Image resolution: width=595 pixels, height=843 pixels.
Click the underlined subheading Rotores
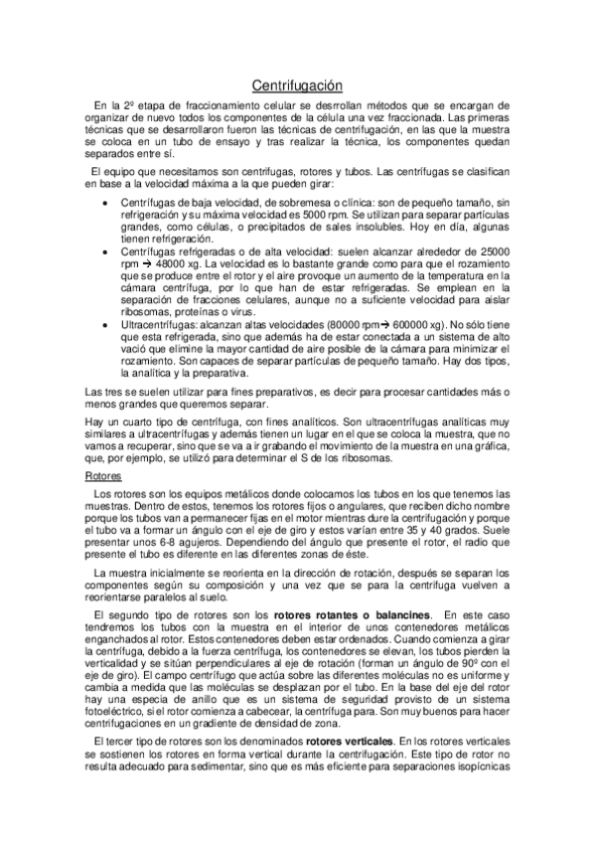point(102,478)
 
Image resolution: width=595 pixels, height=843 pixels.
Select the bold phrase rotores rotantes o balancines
point(352,616)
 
